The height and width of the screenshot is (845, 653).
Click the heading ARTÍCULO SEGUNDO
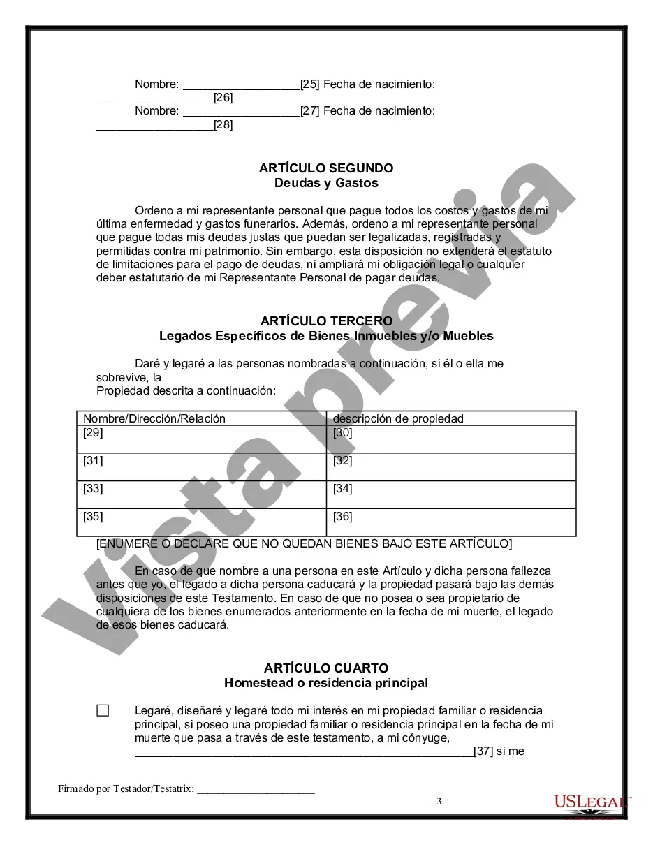(326, 168)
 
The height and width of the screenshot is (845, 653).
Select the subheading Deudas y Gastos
(326, 183)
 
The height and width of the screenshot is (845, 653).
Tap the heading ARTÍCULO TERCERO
(326, 321)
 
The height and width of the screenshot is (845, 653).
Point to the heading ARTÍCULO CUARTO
(326, 668)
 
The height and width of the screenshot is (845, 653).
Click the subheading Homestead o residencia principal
(326, 683)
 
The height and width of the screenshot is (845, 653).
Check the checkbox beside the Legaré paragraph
(103, 711)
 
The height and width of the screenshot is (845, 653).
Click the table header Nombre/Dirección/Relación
(154, 419)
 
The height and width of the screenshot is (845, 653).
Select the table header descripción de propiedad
(398, 419)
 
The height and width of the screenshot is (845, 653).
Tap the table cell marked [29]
(201, 439)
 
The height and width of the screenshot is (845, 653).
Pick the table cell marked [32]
(451, 466)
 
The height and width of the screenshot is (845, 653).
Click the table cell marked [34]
(451, 494)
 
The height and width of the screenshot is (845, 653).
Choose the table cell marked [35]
(201, 522)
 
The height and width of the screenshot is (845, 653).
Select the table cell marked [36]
(451, 522)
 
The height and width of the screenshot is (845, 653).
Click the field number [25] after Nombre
(309, 84)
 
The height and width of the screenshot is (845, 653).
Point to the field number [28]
(223, 125)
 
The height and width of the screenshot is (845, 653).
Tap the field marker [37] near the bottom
(483, 751)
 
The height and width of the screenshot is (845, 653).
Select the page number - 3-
(438, 802)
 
